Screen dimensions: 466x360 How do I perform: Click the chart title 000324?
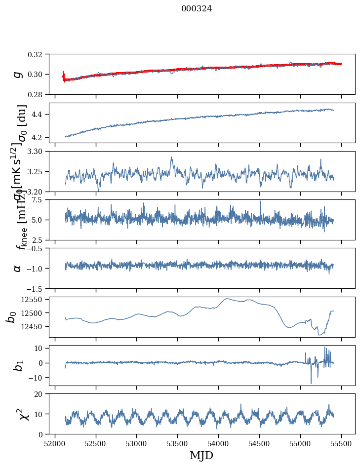[197, 9]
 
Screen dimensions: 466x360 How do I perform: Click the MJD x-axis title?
[201, 456]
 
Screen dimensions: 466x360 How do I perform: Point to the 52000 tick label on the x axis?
[55, 443]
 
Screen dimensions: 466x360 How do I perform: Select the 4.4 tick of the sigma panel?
[41, 115]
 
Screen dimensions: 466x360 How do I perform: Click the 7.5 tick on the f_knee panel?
[41, 200]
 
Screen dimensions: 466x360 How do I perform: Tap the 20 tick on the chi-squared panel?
[42, 394]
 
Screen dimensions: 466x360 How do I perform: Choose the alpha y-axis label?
[18, 268]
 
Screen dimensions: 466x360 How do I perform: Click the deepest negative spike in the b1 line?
[311, 383]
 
